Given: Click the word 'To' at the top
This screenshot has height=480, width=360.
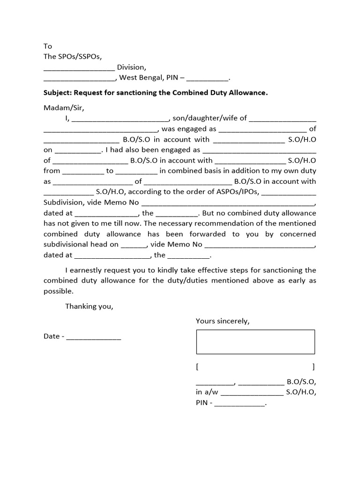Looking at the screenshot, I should [48, 46].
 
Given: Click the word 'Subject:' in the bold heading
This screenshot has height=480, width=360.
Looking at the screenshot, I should [58, 93].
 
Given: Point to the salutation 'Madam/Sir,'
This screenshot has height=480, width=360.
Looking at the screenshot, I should [64, 108].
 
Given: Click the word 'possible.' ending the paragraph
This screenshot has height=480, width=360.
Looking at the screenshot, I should [59, 291].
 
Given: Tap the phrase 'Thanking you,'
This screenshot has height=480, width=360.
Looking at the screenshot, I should [89, 307].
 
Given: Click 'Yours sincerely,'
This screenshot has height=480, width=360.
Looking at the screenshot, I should [223, 321].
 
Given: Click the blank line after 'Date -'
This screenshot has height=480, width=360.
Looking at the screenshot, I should [93, 337].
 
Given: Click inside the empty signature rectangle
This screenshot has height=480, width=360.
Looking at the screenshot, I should [255, 342].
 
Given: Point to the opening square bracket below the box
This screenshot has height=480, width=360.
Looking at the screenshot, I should [197, 366].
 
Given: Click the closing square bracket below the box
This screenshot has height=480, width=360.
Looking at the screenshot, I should [313, 366].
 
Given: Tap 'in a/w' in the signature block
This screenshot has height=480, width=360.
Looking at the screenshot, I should [206, 392].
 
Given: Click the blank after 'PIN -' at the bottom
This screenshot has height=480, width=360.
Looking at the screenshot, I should [239, 403].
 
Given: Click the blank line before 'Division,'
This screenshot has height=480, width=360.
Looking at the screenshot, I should [79, 67].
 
